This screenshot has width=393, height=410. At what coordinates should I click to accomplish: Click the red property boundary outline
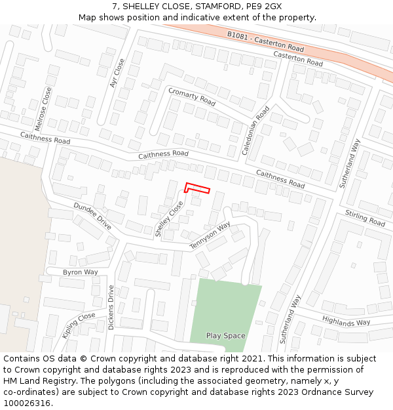tap(197, 188)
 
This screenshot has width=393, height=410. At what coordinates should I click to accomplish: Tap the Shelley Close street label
tap(170, 220)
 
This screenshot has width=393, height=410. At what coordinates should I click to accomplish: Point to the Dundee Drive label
tap(92, 215)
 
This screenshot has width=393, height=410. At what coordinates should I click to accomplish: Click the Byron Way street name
tap(81, 272)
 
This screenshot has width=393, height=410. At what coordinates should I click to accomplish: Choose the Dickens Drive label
tap(111, 307)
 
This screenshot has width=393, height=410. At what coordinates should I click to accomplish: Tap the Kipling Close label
tap(79, 325)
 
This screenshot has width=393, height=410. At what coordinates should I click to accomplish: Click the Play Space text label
tap(225, 336)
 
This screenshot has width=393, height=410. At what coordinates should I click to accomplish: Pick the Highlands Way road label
tap(346, 321)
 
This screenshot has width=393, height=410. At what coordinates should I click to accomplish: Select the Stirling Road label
tap(365, 218)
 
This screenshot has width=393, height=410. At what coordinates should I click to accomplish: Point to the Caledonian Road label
tap(255, 131)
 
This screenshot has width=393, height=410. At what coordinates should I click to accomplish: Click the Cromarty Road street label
tap(191, 96)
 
